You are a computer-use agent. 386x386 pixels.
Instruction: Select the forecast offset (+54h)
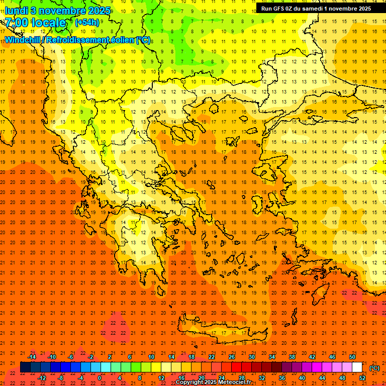point(87,23)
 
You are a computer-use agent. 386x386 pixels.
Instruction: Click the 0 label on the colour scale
point(100,378)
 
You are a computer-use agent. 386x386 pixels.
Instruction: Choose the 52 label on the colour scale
point(362,378)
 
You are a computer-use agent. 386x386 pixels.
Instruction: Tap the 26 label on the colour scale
point(232,356)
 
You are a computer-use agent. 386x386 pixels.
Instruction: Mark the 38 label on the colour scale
point(292,356)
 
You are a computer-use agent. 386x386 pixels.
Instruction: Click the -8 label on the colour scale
point(61,378)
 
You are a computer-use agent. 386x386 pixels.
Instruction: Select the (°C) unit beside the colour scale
point(374,368)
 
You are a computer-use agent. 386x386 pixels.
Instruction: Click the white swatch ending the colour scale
point(357,367)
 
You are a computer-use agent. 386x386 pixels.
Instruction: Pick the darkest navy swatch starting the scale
point(25,367)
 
